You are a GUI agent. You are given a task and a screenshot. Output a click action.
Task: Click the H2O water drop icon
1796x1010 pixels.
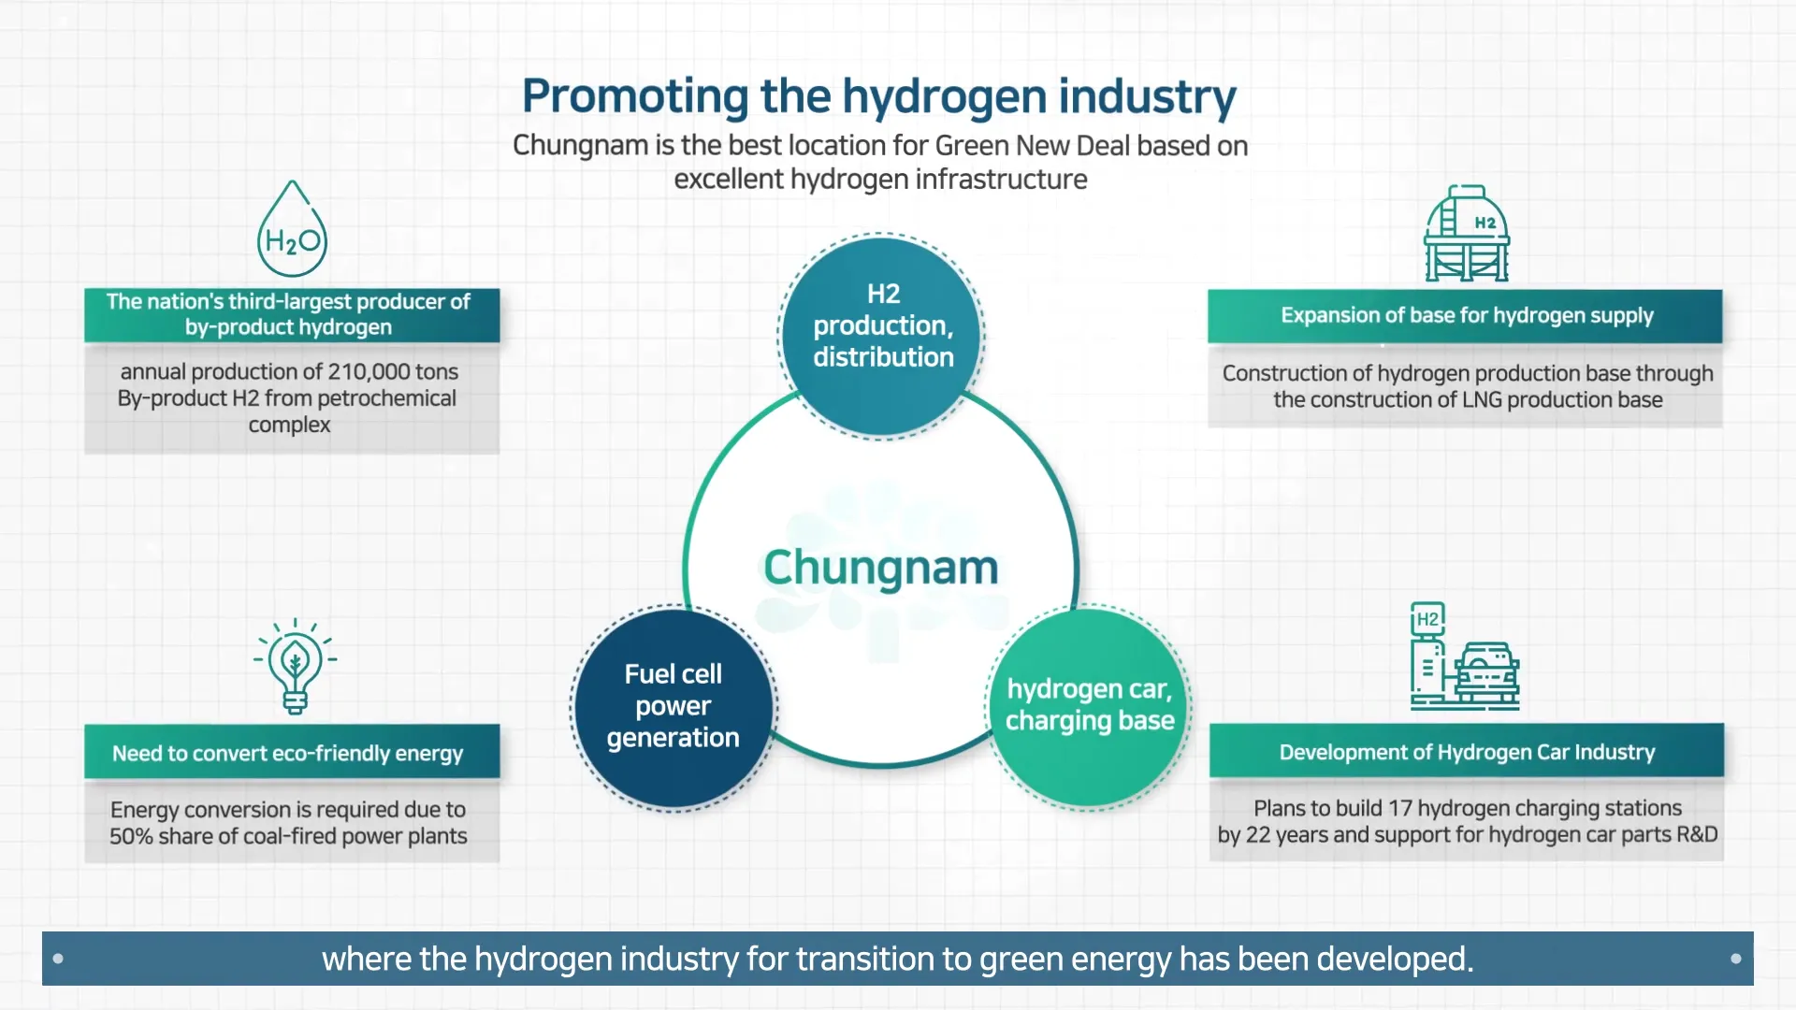tap(292, 229)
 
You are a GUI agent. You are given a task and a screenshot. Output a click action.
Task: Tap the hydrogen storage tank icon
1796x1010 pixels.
tap(1467, 234)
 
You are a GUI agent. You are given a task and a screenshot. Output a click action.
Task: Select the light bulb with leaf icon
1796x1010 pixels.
tap(295, 667)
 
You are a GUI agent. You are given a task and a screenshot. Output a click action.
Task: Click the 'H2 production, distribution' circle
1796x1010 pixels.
tap(882, 337)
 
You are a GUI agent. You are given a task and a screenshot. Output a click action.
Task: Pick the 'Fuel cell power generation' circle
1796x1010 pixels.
tap(673, 708)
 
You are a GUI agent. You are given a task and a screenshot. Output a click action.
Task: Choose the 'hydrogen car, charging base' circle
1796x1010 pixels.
tap(1089, 707)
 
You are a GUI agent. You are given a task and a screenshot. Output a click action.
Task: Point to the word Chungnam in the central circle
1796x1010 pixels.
tap(881, 568)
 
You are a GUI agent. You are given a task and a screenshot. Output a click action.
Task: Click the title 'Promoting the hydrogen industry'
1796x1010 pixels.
tap(879, 96)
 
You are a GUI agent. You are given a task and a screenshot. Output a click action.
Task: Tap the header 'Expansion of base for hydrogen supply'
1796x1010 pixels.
tap(1467, 316)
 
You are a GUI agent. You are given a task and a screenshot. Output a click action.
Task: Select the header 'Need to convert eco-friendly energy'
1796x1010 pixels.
tap(288, 754)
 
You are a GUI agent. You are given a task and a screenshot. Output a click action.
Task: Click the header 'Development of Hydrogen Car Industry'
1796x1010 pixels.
tap(1467, 752)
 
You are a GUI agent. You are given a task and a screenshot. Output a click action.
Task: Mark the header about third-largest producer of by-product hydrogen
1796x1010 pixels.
tap(288, 314)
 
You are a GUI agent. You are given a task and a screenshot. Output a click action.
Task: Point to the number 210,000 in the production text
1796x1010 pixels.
tap(369, 371)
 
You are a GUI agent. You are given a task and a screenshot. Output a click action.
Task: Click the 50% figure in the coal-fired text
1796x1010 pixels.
tap(131, 836)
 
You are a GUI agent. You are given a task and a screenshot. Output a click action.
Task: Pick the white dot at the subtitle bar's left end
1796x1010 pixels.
tap(58, 959)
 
